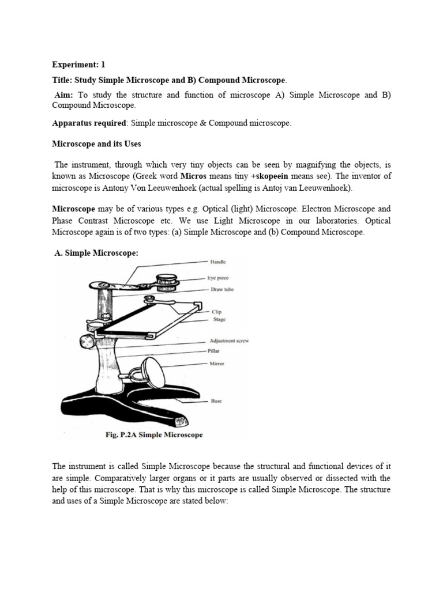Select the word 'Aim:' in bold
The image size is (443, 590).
coord(63,95)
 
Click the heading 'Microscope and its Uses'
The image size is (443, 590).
coord(96,143)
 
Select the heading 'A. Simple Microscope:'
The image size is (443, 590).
coord(96,253)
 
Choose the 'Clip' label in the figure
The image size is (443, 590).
coord(216,312)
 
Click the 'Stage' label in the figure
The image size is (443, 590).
coord(219,319)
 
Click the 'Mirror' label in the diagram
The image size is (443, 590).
coord(217,364)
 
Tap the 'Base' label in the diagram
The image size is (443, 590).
coord(216,400)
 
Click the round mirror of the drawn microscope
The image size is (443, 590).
coord(154,373)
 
